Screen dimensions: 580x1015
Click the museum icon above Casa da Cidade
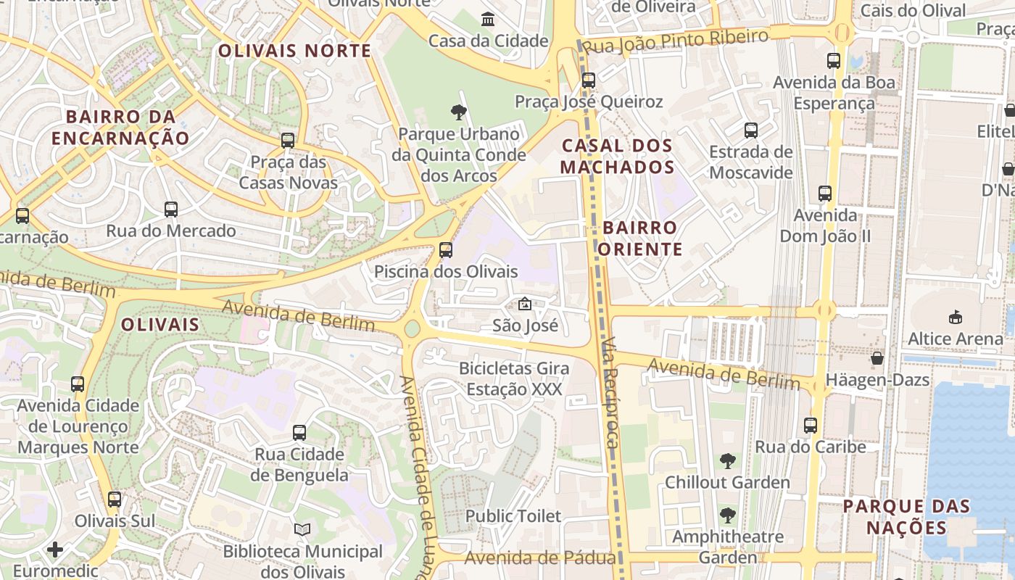[x=488, y=19]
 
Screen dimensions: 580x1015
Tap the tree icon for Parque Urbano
[x=458, y=112]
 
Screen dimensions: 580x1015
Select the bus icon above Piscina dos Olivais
[x=446, y=250]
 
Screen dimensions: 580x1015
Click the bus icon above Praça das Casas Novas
[x=288, y=141]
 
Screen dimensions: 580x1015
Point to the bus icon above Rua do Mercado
[x=171, y=210]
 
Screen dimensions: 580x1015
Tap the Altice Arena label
[x=955, y=339]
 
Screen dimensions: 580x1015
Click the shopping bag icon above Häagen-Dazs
[x=877, y=358]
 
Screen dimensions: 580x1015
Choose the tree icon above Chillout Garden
[x=727, y=461]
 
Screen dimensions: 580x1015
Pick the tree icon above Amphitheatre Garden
[x=727, y=515]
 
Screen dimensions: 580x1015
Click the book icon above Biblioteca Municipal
[x=302, y=531]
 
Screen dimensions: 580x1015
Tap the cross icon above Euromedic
[x=55, y=550]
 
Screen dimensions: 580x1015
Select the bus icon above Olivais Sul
[x=115, y=500]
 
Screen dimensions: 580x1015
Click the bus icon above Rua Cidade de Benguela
[x=299, y=433]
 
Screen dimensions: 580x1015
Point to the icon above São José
[x=525, y=304]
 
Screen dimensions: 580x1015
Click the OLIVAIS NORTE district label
[x=294, y=51]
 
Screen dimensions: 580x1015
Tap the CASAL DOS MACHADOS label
[x=618, y=156]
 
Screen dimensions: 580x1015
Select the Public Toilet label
[x=513, y=516]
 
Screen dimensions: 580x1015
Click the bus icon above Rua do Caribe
[x=811, y=426]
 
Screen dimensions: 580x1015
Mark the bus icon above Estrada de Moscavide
[x=751, y=130]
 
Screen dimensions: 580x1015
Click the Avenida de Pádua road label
[x=540, y=558]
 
